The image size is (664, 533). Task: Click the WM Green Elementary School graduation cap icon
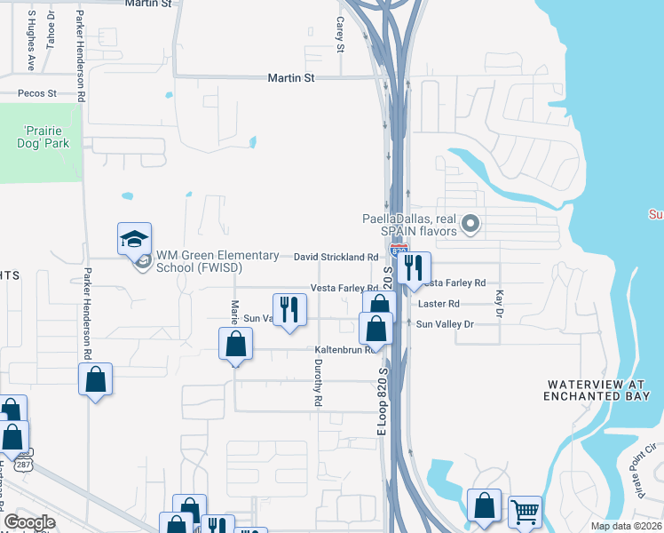pos(133,240)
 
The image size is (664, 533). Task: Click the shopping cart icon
pos(525,511)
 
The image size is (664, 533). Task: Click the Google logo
pos(29,522)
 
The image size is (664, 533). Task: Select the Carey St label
pos(339,36)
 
